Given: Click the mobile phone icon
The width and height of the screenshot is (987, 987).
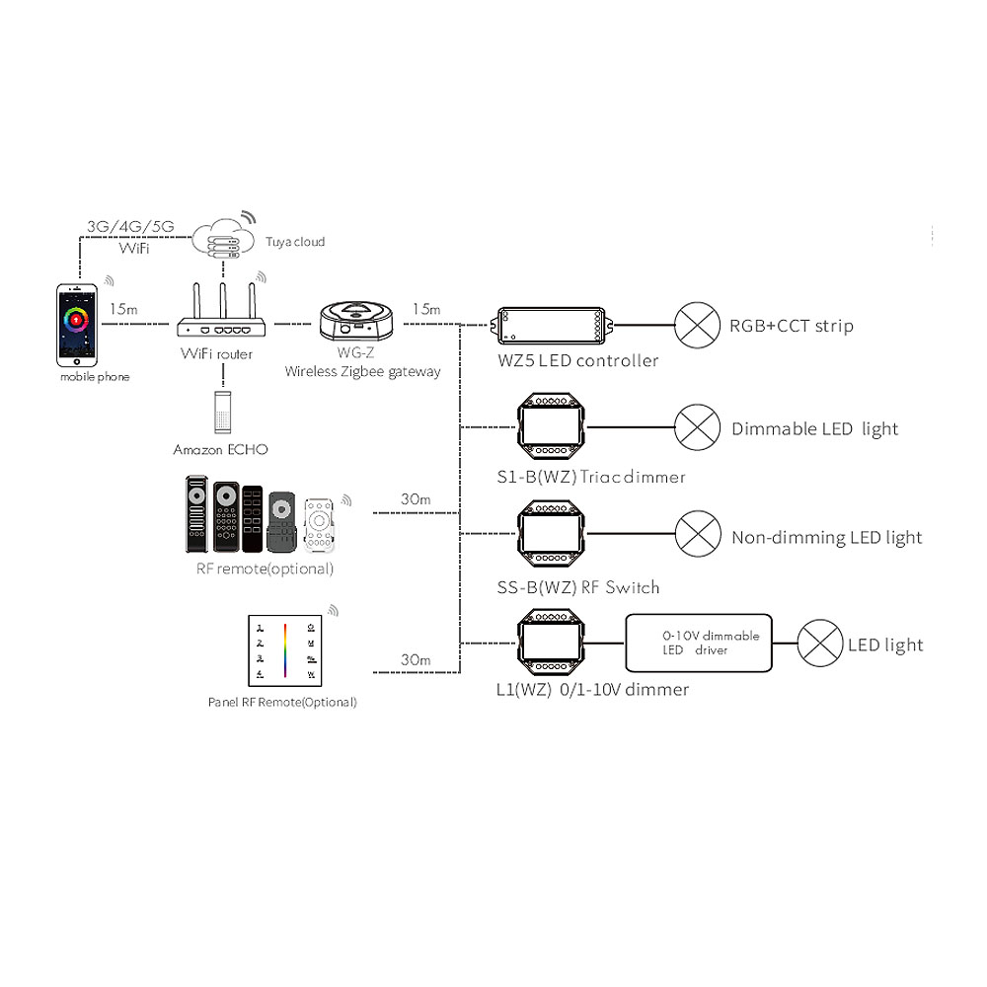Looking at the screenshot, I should point(78,325).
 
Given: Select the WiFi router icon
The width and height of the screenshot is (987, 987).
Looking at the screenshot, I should point(221,316).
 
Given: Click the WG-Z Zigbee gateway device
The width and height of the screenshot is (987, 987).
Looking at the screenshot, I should point(355,322).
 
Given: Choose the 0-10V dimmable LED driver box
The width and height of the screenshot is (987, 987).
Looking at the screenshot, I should point(699,644).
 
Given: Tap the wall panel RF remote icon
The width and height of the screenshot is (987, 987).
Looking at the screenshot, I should point(284,650).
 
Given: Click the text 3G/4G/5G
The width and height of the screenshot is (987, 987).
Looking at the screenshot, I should point(130,226).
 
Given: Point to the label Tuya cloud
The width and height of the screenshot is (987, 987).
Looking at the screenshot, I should point(294,242).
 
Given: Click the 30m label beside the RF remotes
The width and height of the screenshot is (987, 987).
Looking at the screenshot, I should point(416,499).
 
